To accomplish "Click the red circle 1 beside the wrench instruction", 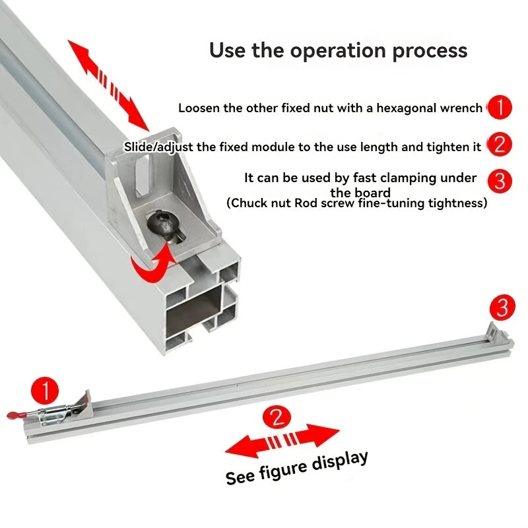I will [x=499, y=108].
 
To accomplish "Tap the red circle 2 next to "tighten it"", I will [x=499, y=145].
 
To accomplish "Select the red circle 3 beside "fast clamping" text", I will [x=499, y=180].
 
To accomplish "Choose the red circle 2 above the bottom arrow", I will [x=277, y=416].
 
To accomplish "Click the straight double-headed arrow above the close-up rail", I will [x=109, y=84].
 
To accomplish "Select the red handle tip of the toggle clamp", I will [x=14, y=414].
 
